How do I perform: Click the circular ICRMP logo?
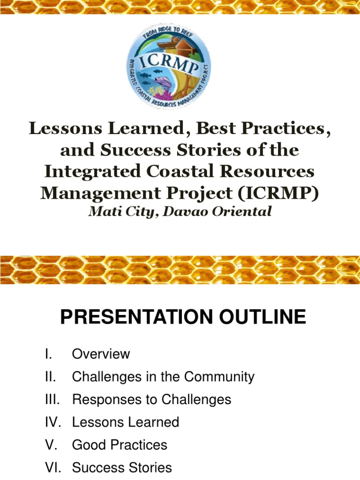[170, 67]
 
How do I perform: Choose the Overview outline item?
[101, 354]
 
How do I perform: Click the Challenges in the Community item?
[163, 377]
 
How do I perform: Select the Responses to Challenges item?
[151, 399]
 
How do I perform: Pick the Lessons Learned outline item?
[125, 422]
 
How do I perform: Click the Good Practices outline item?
[119, 445]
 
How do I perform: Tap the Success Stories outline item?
[121, 467]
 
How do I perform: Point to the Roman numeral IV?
[51, 422]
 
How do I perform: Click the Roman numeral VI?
[51, 467]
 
